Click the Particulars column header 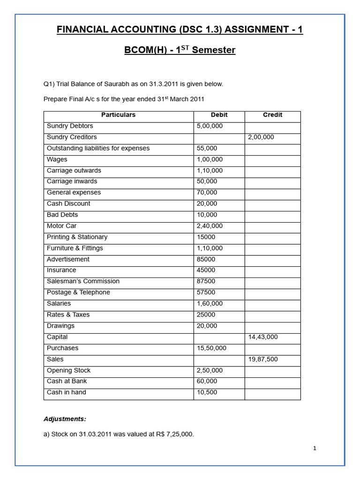118,115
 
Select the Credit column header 272,115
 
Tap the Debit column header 219,115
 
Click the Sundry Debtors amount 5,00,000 210,126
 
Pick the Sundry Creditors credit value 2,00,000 261,137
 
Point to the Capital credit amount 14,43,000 263,337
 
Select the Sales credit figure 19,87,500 263,360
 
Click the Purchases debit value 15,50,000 211,348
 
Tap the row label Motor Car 61,226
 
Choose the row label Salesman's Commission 83,281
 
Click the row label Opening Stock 68,370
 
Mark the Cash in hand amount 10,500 207,392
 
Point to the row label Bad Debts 62,215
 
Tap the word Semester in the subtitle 213,50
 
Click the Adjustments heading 65,419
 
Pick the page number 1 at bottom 315,449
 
